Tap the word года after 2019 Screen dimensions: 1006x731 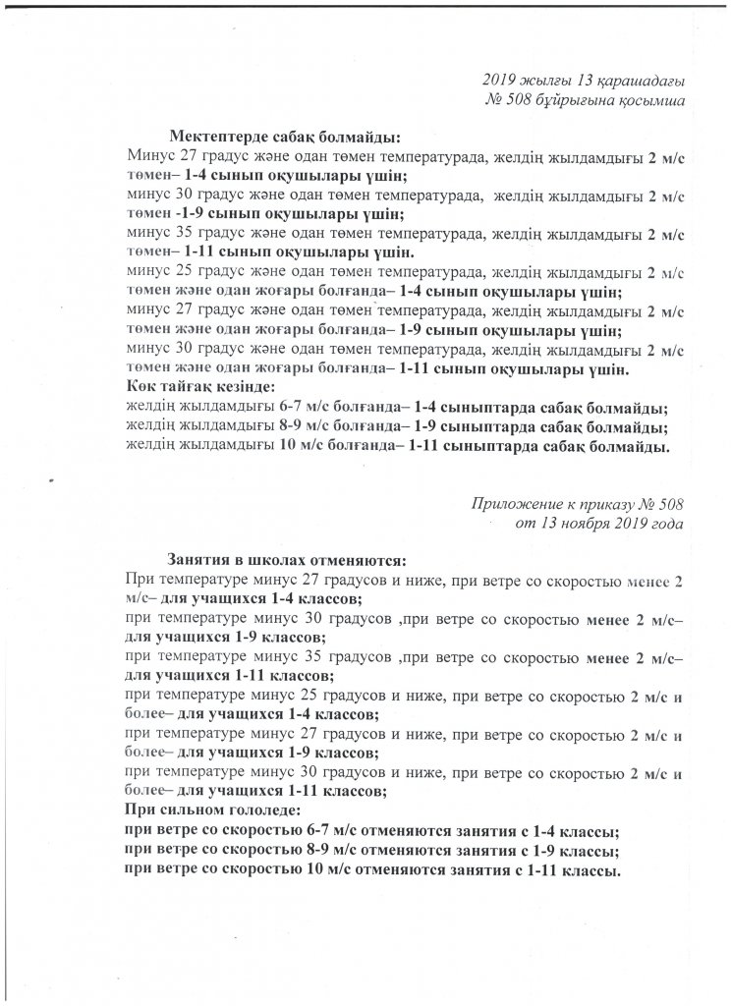[663, 523]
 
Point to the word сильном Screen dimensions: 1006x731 [187, 810]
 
